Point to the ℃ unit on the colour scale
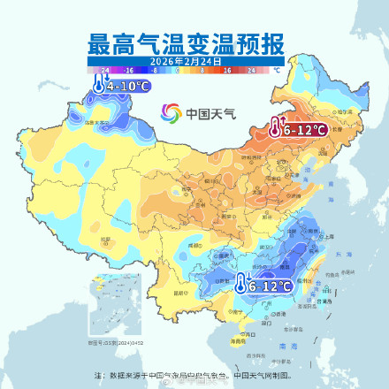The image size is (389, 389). coord(276,68)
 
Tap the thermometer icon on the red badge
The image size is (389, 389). coord(277,128)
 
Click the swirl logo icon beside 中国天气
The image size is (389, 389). coord(172,113)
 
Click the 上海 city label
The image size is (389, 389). coord(328,236)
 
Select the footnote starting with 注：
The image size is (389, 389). coord(194,374)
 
